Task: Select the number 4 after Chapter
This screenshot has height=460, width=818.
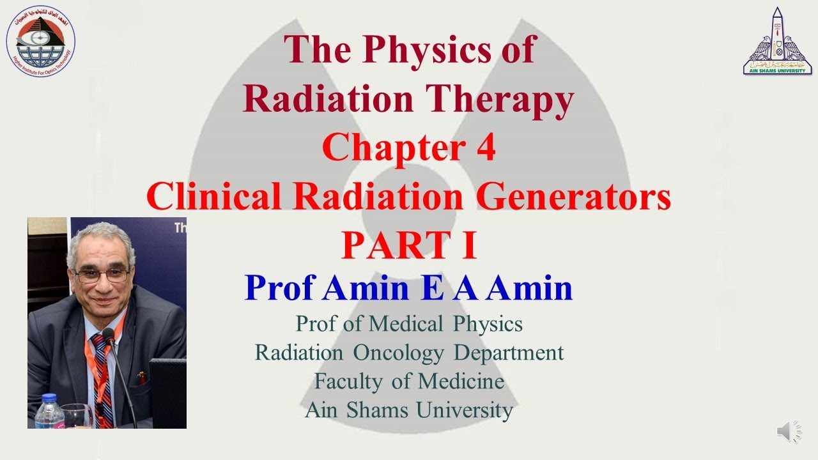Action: click(x=485, y=149)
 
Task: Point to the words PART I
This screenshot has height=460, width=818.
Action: click(x=409, y=246)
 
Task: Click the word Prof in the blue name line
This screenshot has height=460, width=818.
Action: click(x=280, y=288)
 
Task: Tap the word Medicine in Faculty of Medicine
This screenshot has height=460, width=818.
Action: click(x=461, y=381)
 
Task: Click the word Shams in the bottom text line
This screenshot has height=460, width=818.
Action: click(x=377, y=410)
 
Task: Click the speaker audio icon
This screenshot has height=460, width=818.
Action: click(x=789, y=433)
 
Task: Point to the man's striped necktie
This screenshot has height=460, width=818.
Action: click(x=101, y=377)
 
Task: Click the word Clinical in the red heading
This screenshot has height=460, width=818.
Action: click(x=212, y=197)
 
